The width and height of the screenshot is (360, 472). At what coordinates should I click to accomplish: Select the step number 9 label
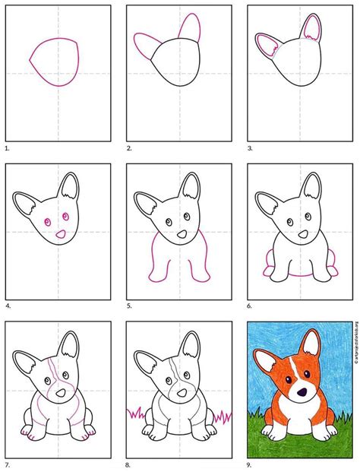[x=251, y=465]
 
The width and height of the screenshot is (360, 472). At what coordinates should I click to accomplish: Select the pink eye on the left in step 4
[x=46, y=221]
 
